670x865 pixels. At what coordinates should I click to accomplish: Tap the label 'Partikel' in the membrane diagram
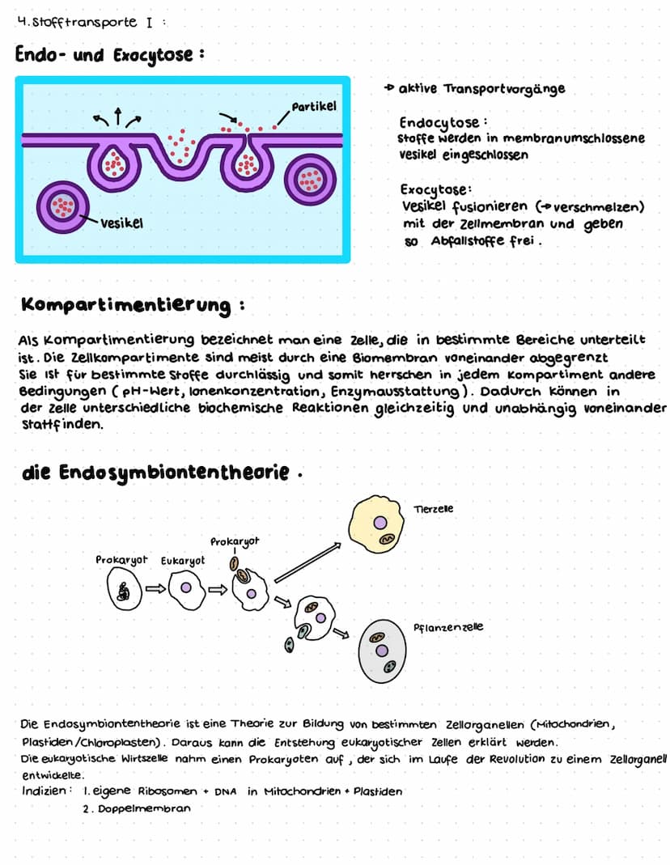point(314,107)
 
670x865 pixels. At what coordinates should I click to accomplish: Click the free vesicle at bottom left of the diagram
point(61,206)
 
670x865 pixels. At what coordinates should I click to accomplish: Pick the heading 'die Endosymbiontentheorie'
point(154,473)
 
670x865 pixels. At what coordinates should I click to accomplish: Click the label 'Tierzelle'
point(433,509)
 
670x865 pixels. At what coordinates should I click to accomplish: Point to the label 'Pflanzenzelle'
point(447,627)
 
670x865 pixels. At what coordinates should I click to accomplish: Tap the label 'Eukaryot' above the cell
point(183,560)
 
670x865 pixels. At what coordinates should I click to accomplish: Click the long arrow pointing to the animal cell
point(307,562)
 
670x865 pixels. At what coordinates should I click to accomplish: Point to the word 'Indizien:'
point(45,791)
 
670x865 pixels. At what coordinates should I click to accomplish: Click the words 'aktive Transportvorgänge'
point(482,88)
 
